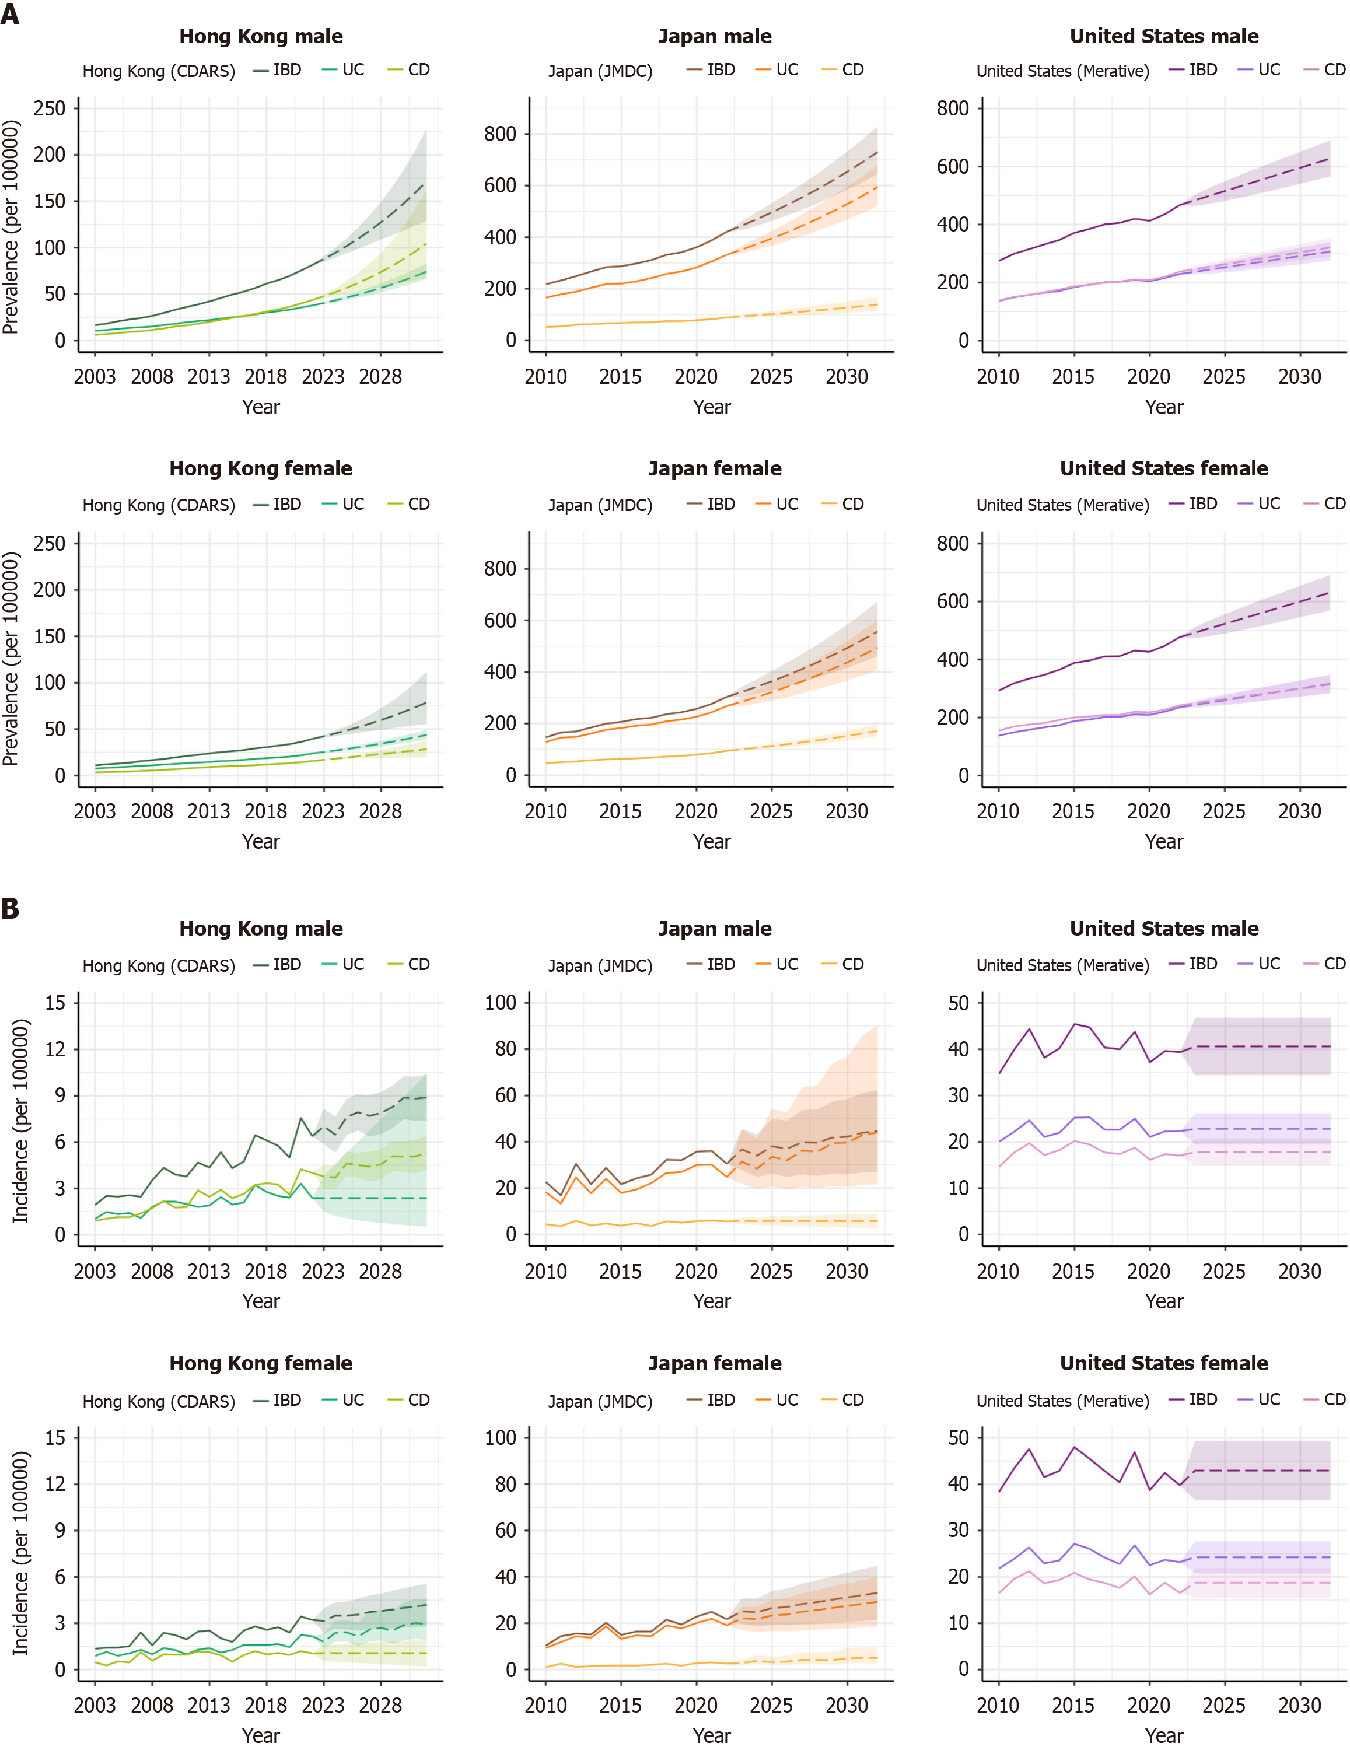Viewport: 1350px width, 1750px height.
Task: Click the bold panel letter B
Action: click(x=11, y=909)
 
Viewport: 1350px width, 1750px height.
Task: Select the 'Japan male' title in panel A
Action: click(x=715, y=36)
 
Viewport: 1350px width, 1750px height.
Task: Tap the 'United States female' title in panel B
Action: click(x=1163, y=1363)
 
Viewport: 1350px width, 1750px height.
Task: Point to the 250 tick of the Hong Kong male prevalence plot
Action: click(x=50, y=108)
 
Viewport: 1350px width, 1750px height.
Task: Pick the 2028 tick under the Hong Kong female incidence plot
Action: click(x=380, y=1705)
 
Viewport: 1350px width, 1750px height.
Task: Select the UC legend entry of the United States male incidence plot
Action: click(x=1260, y=964)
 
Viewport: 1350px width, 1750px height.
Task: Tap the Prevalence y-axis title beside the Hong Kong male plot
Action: click(x=11, y=227)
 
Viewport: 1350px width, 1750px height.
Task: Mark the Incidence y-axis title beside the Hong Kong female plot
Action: click(x=20, y=1552)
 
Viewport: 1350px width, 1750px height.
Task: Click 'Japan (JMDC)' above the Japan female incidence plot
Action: click(x=600, y=1401)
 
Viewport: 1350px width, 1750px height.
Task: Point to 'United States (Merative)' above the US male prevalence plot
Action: click(x=1062, y=71)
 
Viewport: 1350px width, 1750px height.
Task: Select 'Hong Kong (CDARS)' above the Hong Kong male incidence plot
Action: click(x=159, y=965)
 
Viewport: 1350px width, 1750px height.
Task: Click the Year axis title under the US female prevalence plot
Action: click(x=1163, y=841)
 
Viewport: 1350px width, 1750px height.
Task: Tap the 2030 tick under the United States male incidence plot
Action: click(x=1299, y=1271)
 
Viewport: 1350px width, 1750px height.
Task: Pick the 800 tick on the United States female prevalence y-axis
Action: click(x=953, y=543)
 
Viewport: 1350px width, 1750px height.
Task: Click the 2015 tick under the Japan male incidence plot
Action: click(x=620, y=1271)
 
